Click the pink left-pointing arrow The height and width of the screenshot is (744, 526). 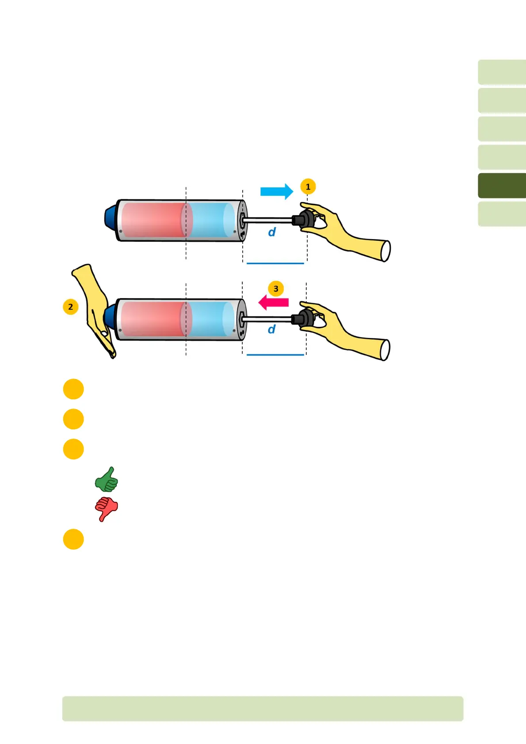[274, 303]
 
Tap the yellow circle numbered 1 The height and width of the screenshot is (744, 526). [308, 186]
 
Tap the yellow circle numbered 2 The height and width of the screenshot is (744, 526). [71, 307]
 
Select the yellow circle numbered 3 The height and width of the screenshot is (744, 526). [276, 288]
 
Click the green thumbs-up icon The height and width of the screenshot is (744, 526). [107, 480]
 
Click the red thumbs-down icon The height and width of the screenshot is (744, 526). [106, 509]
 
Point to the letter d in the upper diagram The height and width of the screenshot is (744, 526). [272, 232]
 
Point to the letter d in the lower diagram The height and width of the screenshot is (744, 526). [271, 329]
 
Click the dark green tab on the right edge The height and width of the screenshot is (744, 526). [502, 186]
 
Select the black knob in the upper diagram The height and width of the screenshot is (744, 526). [302, 220]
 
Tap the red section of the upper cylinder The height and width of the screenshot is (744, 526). [152, 220]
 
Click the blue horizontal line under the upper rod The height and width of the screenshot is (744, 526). [275, 263]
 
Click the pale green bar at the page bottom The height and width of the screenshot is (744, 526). [263, 709]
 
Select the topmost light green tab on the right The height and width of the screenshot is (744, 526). [502, 72]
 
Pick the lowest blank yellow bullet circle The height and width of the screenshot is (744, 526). [73, 539]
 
